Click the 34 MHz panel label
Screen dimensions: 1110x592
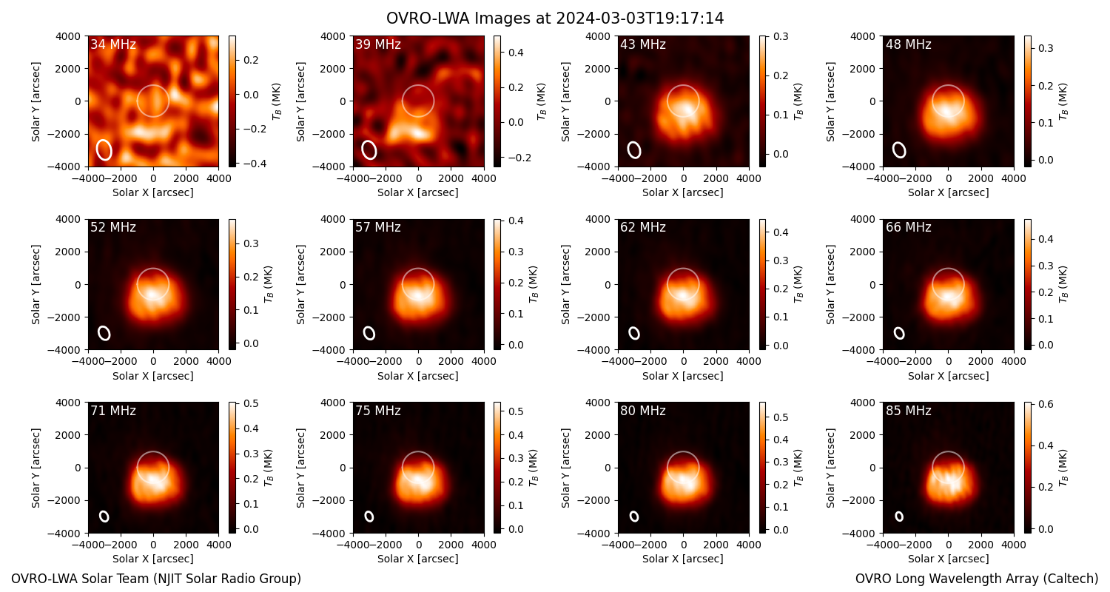click(113, 44)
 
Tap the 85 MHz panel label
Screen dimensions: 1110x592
click(908, 411)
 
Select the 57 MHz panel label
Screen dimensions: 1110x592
click(378, 227)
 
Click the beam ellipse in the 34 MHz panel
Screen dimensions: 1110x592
click(104, 149)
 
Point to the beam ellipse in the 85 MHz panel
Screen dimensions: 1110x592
click(899, 517)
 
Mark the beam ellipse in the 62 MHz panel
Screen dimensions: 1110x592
click(634, 334)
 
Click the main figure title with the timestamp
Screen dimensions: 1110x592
click(555, 18)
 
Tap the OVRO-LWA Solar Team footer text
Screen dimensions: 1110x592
click(156, 579)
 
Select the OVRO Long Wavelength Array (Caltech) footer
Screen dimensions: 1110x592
click(977, 579)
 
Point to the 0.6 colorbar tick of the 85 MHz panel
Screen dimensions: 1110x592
click(1042, 404)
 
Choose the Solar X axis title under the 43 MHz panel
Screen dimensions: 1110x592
click(683, 192)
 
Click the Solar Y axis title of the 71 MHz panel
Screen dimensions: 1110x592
click(36, 468)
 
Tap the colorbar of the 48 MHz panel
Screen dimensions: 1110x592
click(1028, 101)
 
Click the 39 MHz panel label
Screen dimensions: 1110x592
click(378, 44)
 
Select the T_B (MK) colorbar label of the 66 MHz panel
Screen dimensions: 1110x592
click(1063, 285)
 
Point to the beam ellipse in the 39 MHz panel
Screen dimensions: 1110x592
click(369, 149)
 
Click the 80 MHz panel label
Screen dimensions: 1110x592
click(643, 411)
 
